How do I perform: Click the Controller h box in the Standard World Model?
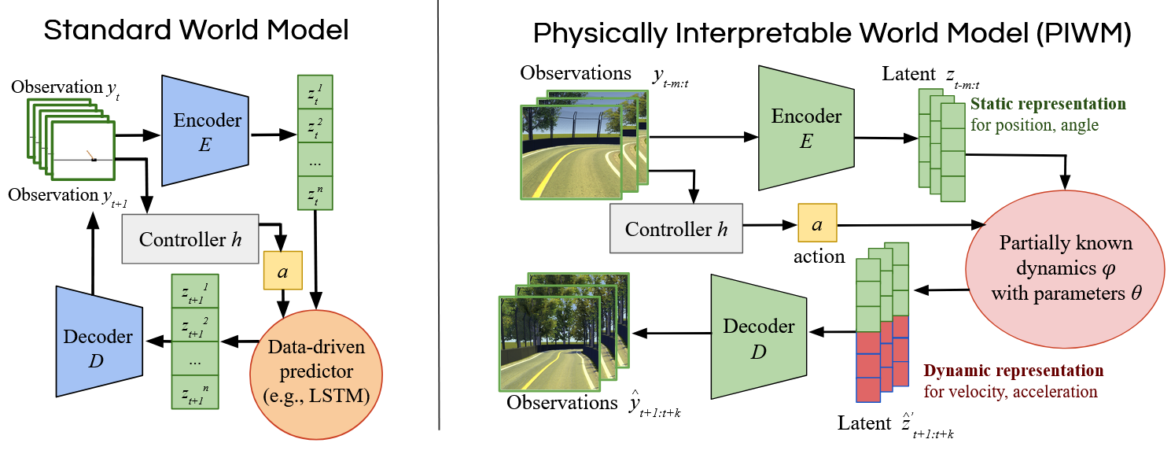point(190,238)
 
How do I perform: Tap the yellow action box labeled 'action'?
point(817,223)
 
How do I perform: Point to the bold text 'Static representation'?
point(1048,104)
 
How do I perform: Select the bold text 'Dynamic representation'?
point(1013,371)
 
